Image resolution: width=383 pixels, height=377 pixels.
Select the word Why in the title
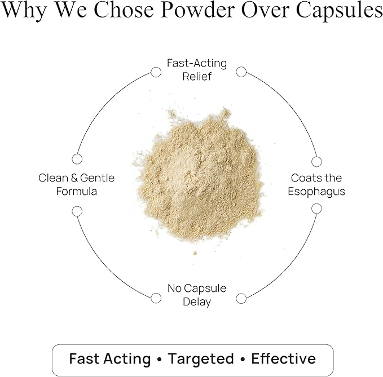point(24,11)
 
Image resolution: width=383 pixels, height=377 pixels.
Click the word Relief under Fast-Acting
point(197,77)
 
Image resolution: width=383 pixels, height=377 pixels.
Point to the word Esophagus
point(316,192)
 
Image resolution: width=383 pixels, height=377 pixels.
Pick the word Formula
point(77,191)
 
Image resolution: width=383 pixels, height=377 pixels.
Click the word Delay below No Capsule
point(197,302)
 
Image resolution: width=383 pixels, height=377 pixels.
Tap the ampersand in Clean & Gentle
point(74,178)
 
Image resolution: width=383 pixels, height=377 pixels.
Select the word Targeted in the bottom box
point(201,359)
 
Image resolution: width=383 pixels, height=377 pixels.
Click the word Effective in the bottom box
point(283,359)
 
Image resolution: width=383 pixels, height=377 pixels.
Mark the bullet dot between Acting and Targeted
point(159,360)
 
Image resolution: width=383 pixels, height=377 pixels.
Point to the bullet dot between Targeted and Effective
point(243,360)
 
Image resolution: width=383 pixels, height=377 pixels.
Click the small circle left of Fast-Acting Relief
point(156,72)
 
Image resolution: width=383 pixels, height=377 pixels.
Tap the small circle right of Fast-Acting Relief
point(241,72)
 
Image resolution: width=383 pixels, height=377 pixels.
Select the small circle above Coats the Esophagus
point(316,162)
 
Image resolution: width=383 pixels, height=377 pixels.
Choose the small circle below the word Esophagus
point(316,209)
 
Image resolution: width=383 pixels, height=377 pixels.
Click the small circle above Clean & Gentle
point(77,159)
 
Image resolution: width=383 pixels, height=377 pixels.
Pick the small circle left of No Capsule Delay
point(156,298)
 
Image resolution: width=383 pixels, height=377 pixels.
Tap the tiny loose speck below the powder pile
point(195,253)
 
